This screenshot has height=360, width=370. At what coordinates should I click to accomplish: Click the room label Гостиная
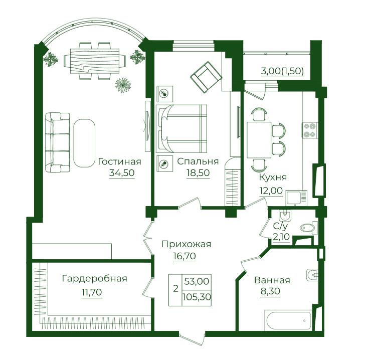coord(119,162)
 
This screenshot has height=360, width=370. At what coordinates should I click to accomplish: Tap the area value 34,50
coord(122,173)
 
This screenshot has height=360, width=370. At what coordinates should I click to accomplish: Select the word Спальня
coord(198,161)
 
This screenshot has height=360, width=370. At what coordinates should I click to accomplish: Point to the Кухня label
coord(273,177)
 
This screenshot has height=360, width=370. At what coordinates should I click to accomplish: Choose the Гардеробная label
coord(94,279)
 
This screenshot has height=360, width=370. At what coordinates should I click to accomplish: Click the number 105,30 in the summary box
coord(197,297)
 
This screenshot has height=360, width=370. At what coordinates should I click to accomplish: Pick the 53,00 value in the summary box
coord(197,281)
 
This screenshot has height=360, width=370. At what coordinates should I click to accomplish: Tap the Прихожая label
coord(186,244)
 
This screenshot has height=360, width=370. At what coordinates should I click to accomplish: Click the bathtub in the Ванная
coord(288,320)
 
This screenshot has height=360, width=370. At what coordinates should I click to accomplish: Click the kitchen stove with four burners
coord(310,130)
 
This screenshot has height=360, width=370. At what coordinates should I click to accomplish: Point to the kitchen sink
coord(296,198)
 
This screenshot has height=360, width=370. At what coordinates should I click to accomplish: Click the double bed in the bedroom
coord(181,128)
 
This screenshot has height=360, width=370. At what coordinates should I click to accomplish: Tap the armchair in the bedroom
coord(206,77)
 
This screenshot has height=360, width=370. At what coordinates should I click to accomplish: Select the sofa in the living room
coord(57,142)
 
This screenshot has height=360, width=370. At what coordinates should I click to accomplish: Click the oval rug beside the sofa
coord(84,143)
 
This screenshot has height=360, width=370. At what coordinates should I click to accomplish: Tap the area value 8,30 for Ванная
coord(270,291)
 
